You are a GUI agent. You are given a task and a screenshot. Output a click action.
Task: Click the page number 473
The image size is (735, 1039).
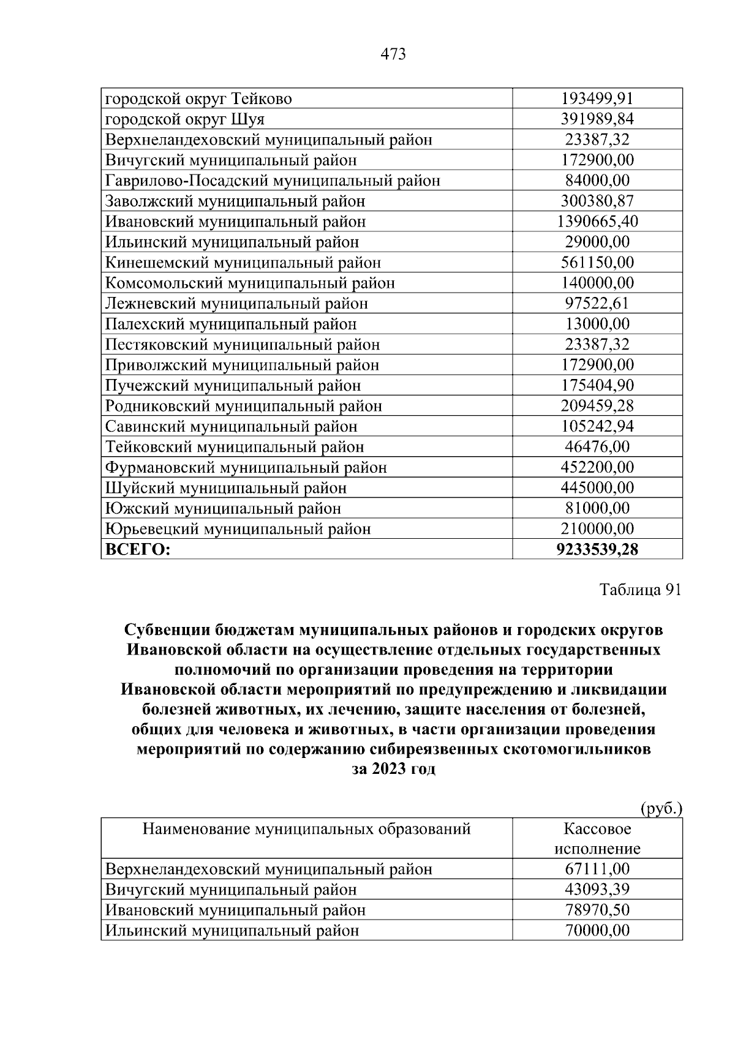[393, 54]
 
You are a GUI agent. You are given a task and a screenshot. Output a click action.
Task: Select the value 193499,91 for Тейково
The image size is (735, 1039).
[597, 99]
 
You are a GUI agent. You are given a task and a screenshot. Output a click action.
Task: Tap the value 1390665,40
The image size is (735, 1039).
[597, 222]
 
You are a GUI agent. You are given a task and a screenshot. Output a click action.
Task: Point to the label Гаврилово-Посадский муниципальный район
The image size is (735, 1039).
[273, 181]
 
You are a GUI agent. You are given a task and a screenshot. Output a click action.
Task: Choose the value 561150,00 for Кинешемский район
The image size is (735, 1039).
[597, 263]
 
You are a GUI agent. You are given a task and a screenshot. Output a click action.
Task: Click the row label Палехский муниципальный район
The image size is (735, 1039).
[230, 324]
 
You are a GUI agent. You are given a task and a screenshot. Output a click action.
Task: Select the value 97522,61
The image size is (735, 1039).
[597, 304]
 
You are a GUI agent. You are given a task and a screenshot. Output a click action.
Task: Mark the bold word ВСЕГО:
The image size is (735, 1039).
[138, 550]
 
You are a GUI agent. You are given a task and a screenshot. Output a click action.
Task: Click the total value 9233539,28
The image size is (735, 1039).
[597, 550]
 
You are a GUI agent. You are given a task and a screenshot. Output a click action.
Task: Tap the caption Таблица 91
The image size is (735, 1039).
[640, 590]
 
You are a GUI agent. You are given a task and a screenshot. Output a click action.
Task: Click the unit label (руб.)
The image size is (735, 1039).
[661, 808]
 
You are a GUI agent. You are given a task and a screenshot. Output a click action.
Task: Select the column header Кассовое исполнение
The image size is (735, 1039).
[597, 839]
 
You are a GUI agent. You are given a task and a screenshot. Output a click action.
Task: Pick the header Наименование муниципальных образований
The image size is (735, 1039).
[306, 829]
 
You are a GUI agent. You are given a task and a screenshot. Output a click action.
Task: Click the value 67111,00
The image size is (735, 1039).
[597, 869]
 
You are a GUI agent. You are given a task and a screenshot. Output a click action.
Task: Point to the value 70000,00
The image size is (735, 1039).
[597, 931]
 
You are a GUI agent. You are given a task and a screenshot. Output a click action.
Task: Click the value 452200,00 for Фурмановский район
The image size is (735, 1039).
[597, 468]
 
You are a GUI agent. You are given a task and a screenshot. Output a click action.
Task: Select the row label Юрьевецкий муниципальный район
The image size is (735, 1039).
[238, 529]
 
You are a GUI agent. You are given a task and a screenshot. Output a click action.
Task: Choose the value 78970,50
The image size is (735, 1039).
[597, 910]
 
